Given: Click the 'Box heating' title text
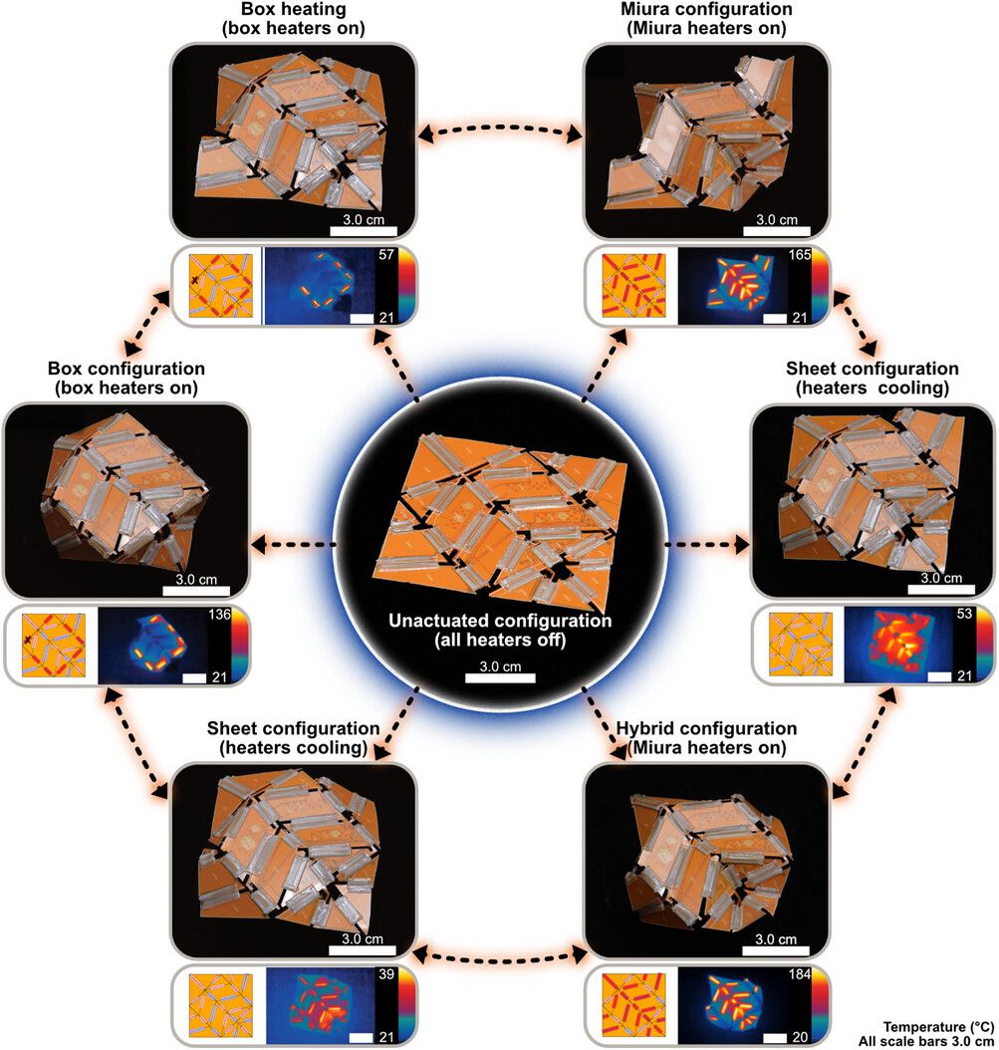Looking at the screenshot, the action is click(293, 9).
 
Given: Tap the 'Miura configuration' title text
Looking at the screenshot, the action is click(706, 9).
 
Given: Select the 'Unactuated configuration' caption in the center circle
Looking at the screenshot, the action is click(500, 620).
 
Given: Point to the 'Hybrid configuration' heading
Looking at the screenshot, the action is click(706, 728).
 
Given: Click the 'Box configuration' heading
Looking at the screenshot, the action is click(125, 369).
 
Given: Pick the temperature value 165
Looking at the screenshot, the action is click(800, 255).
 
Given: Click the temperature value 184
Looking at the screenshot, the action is click(800, 974).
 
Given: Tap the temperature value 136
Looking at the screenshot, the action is click(219, 614).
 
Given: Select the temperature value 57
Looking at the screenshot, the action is click(386, 254).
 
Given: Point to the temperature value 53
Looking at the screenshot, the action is click(964, 614).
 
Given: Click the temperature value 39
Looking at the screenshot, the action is click(386, 974).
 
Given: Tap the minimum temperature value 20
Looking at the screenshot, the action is click(800, 1037).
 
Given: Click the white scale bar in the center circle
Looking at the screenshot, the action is click(500, 677).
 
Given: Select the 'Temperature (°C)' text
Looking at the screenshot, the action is click(938, 1027).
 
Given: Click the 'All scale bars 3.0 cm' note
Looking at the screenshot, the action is click(926, 1042).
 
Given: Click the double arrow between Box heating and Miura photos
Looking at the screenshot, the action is click(500, 128).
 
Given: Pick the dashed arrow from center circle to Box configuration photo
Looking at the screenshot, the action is click(293, 545).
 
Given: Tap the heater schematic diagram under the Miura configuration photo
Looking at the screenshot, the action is click(634, 285).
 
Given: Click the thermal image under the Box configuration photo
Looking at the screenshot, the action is click(152, 646).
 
